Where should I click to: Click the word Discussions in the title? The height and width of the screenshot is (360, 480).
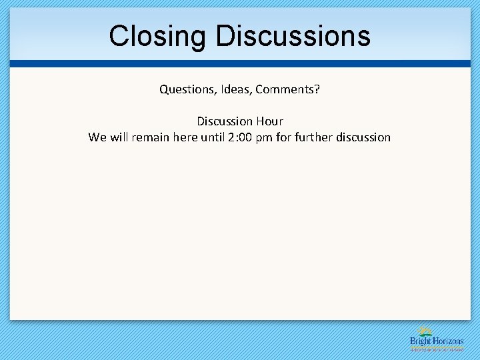293,36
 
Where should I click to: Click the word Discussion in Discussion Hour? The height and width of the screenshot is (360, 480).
225,121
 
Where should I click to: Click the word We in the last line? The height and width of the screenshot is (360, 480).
97,137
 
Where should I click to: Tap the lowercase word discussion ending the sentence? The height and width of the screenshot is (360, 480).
363,137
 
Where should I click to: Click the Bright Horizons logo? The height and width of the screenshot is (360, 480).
437,339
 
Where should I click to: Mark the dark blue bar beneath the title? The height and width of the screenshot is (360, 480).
240,64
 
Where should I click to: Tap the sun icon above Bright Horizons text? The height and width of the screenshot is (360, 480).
425,331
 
